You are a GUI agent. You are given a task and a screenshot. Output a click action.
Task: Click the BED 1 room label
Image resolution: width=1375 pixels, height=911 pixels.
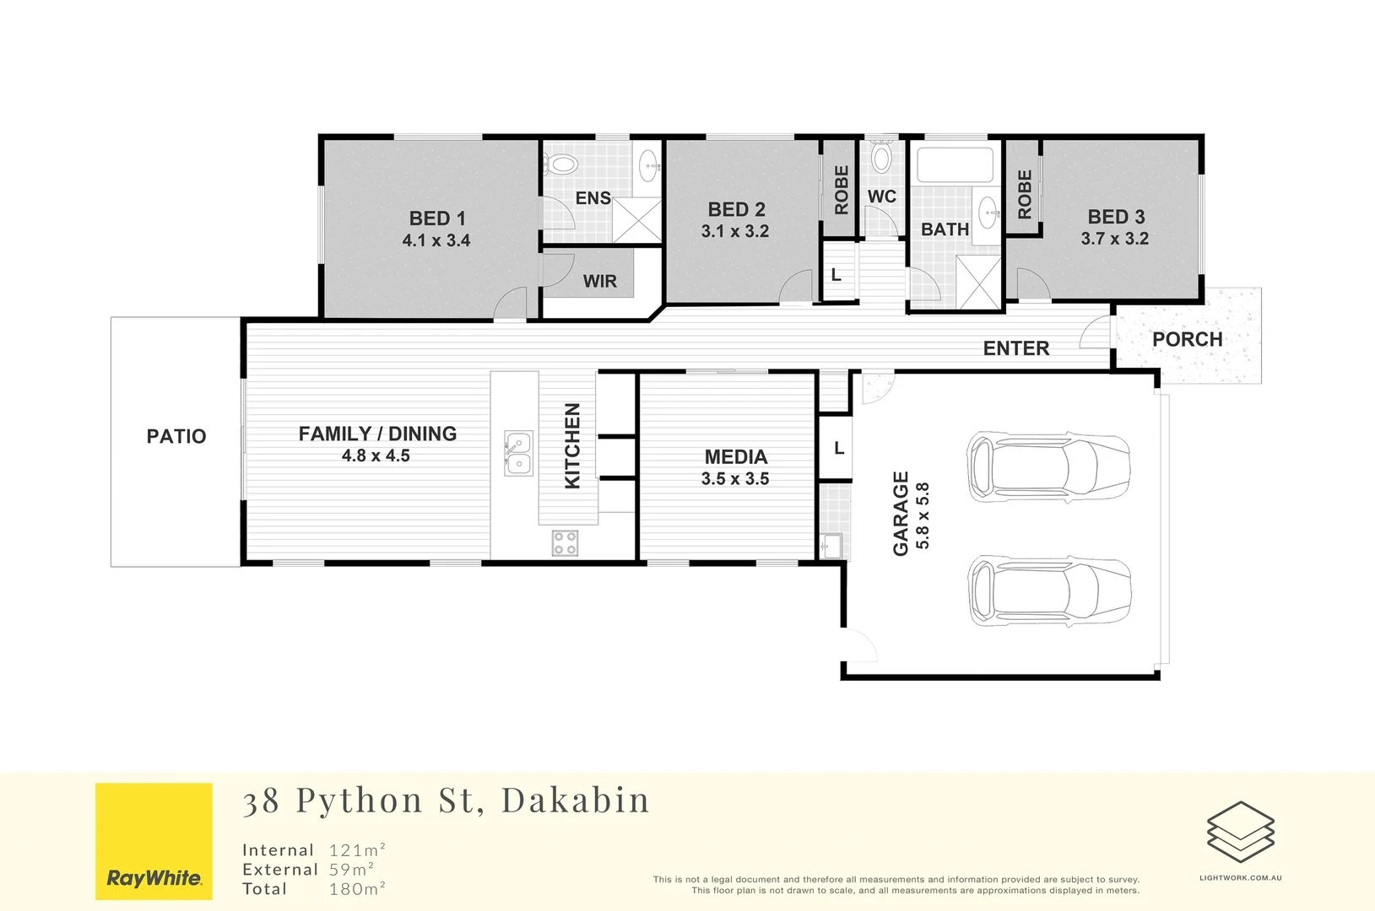pos(437,218)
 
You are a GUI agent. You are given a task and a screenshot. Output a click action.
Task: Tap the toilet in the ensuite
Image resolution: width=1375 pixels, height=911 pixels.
pos(561,164)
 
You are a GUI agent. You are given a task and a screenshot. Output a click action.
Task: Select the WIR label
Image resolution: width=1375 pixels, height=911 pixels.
pos(600,281)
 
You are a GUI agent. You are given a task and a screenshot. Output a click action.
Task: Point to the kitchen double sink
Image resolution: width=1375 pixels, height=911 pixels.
pos(518,453)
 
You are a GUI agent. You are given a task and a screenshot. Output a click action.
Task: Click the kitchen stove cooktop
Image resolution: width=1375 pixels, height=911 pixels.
pos(565,543)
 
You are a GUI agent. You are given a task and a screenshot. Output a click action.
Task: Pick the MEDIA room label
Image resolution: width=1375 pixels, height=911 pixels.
pos(736,457)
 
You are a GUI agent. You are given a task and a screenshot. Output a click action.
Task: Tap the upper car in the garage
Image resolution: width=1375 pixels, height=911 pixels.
pos(1048,467)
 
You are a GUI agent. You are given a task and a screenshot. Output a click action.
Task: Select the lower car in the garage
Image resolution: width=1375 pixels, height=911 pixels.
pos(1050,591)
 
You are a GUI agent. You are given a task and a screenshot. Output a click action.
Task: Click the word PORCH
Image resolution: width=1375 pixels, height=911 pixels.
pos(1187,339)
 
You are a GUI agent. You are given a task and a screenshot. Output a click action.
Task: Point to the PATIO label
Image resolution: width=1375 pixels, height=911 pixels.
pos(176,436)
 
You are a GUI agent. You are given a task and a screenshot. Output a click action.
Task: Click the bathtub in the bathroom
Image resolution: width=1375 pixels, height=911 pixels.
pos(955,164)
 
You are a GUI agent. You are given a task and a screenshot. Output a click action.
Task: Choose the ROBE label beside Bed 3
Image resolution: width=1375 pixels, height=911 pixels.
pos(1025,195)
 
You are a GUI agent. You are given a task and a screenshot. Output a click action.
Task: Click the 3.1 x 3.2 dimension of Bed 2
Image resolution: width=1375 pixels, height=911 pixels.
pos(735,231)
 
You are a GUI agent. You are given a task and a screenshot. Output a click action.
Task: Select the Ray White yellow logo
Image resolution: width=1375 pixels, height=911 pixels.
pos(154,841)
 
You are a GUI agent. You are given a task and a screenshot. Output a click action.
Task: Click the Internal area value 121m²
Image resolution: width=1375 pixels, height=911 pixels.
pos(357,849)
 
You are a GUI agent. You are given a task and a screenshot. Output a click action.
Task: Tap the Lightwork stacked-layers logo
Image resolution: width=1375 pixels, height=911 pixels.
pos(1241,832)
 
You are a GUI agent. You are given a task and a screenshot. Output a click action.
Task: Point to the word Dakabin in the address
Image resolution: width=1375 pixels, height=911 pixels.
pos(575,800)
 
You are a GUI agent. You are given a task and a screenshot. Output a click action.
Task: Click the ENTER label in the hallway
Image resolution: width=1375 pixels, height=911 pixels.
pos(1016,348)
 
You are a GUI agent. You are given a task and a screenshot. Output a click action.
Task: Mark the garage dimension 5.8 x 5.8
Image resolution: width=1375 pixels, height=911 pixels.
pos(923,515)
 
